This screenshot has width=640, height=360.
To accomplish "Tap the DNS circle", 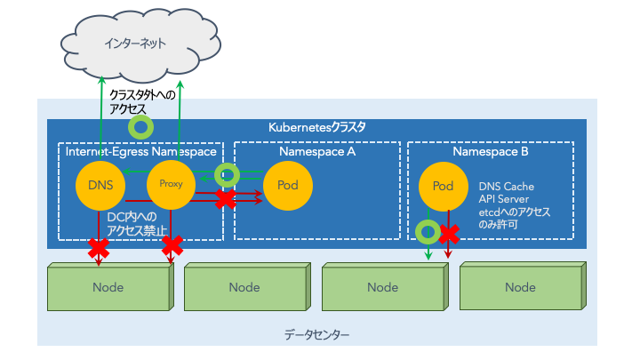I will tap(100, 186).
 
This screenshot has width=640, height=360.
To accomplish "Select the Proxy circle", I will tap(170, 184).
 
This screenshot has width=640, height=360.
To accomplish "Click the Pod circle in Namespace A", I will tap(287, 186).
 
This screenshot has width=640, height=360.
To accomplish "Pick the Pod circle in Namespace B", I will tap(443, 186).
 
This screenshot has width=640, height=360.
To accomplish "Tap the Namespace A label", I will tap(316, 152).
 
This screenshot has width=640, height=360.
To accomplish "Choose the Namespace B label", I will tap(490, 152).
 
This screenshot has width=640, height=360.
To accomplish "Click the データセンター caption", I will tap(317, 335).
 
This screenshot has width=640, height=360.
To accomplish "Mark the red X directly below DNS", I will tap(98, 252).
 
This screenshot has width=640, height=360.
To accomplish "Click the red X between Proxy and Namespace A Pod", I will tap(226, 199).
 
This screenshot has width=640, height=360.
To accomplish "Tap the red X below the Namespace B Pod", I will tap(450, 234).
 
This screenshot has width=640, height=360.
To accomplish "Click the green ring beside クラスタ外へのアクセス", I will tap(140, 126).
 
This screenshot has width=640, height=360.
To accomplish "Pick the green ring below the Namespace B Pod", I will tap(428, 232).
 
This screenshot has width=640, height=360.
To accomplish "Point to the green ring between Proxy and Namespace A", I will tap(228, 174).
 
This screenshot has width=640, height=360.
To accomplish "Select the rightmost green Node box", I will tap(520, 287).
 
